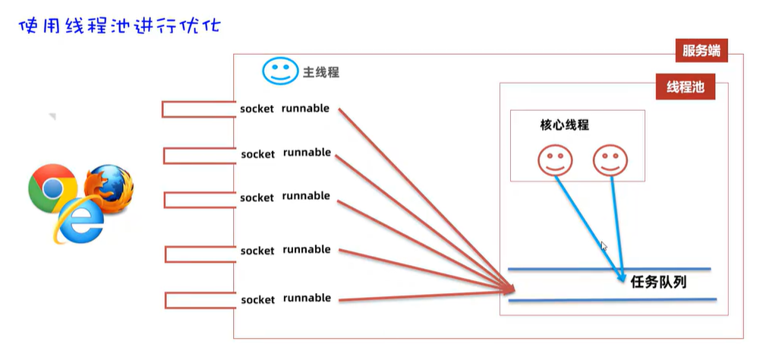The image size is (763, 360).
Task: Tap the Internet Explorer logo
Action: tap(78, 221)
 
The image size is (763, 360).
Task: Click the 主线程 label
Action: tap(321, 73)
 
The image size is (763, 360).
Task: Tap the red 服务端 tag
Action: tap(701, 52)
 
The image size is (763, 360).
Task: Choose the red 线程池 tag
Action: tap(685, 87)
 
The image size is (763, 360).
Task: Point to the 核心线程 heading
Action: tap(564, 125)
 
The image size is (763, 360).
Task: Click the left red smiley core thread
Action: tap(553, 160)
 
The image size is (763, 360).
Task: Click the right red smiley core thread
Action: tap(610, 160)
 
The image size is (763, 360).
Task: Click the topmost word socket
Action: tap(257, 109)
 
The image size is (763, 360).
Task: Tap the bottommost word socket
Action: tap(257, 300)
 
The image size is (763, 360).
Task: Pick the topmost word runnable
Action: tap(305, 109)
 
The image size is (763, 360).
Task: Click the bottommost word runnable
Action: tap(307, 298)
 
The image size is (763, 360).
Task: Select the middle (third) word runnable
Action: tap(306, 196)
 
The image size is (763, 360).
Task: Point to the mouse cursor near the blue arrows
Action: tap(604, 245)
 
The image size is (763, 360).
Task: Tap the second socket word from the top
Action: tap(257, 154)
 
